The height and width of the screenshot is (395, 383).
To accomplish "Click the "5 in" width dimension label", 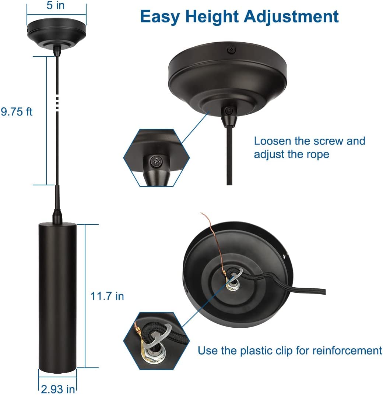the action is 56,5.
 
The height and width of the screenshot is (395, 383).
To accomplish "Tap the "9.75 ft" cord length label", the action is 17,111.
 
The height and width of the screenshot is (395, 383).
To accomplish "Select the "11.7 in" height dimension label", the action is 107,296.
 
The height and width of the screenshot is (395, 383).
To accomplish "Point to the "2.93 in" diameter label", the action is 58,389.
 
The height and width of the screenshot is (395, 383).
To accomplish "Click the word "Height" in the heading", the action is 212,17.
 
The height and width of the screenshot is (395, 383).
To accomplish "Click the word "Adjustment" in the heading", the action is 291,17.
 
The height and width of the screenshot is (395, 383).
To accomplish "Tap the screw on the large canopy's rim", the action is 231,50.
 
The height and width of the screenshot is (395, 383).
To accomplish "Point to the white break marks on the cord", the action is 57,103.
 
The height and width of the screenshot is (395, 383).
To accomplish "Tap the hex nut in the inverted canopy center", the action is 232,285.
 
